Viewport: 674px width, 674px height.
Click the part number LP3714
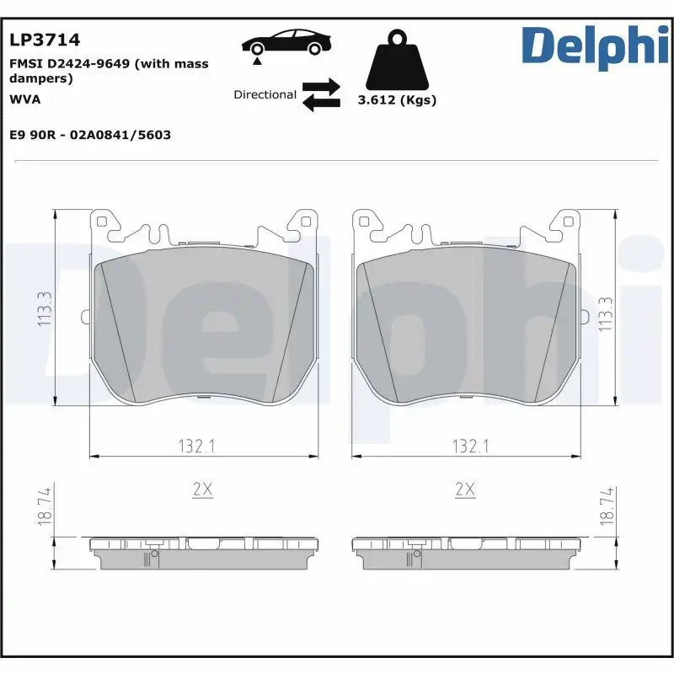(x=44, y=39)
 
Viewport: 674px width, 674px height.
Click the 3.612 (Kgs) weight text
(x=397, y=100)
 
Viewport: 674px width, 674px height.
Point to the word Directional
(x=265, y=95)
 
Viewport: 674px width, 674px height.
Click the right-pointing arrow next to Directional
(x=321, y=87)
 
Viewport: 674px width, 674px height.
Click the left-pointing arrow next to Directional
(x=321, y=103)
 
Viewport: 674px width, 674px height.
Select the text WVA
(x=24, y=99)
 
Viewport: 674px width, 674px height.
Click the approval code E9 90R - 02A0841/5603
(x=90, y=135)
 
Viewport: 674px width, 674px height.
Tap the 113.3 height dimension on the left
(x=45, y=309)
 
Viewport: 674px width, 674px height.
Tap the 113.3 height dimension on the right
(x=604, y=313)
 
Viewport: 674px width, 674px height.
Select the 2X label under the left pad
(x=204, y=489)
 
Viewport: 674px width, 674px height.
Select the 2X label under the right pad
(x=464, y=489)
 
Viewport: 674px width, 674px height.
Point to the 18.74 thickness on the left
(x=45, y=507)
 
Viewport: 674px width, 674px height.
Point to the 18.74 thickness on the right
(x=604, y=507)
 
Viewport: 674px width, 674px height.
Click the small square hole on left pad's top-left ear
(x=102, y=222)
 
